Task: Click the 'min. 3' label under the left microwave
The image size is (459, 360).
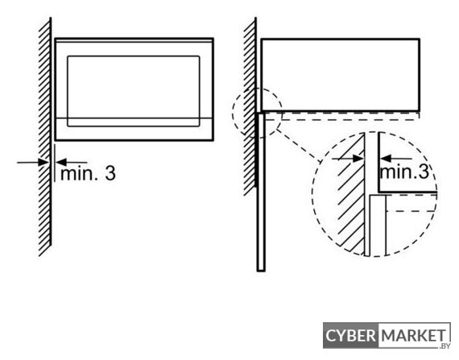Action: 88,173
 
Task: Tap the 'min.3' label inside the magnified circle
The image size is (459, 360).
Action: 404,172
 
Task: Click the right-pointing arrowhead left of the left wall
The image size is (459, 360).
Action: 44,162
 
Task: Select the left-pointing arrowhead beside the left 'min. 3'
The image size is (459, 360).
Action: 61,162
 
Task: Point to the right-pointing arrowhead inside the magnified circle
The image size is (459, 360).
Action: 358,159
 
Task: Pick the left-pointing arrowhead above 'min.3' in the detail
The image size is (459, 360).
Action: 386,159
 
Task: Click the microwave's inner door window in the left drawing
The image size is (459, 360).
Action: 134,91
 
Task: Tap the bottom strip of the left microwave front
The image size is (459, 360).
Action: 134,130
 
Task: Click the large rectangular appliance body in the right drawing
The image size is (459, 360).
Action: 341,75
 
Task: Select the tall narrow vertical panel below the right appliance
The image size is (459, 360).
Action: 261,192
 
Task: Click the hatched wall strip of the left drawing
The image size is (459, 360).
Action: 45,137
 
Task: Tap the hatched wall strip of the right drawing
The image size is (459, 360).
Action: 250,107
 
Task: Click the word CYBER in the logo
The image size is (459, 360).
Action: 350,335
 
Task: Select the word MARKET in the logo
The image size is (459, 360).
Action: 414,335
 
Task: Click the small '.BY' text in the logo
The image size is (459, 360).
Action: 444,346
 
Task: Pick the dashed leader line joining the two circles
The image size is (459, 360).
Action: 299,146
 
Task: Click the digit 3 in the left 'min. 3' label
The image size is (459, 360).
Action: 110,173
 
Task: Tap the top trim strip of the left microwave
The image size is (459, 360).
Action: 134,40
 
